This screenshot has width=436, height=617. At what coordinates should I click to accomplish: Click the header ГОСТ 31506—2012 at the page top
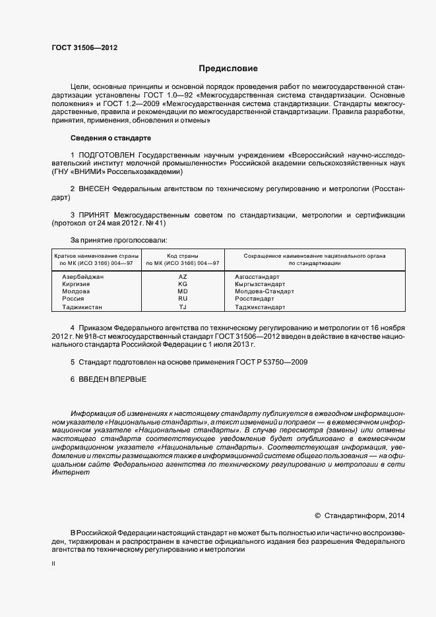(85, 47)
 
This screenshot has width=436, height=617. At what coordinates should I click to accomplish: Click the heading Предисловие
(228, 69)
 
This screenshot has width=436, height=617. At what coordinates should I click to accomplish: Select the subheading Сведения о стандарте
(110, 138)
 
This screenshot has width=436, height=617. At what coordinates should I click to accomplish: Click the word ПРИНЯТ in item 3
(94, 215)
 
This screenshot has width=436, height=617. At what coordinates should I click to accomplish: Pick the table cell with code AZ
(183, 277)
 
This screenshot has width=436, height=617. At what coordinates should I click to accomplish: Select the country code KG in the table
(183, 284)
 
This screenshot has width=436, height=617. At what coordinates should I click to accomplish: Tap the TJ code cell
(183, 307)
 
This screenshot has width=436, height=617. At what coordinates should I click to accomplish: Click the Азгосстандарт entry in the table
(257, 277)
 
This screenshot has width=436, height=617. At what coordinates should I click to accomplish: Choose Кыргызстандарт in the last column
(260, 284)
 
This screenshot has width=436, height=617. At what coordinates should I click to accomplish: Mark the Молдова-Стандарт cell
(264, 291)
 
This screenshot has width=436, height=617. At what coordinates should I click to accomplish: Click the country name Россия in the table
(73, 299)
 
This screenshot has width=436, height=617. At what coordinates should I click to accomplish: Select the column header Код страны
(183, 255)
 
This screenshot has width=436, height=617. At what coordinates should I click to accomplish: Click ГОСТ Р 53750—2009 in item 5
(274, 362)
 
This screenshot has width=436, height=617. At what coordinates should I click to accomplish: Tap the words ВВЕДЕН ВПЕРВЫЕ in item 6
(112, 379)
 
